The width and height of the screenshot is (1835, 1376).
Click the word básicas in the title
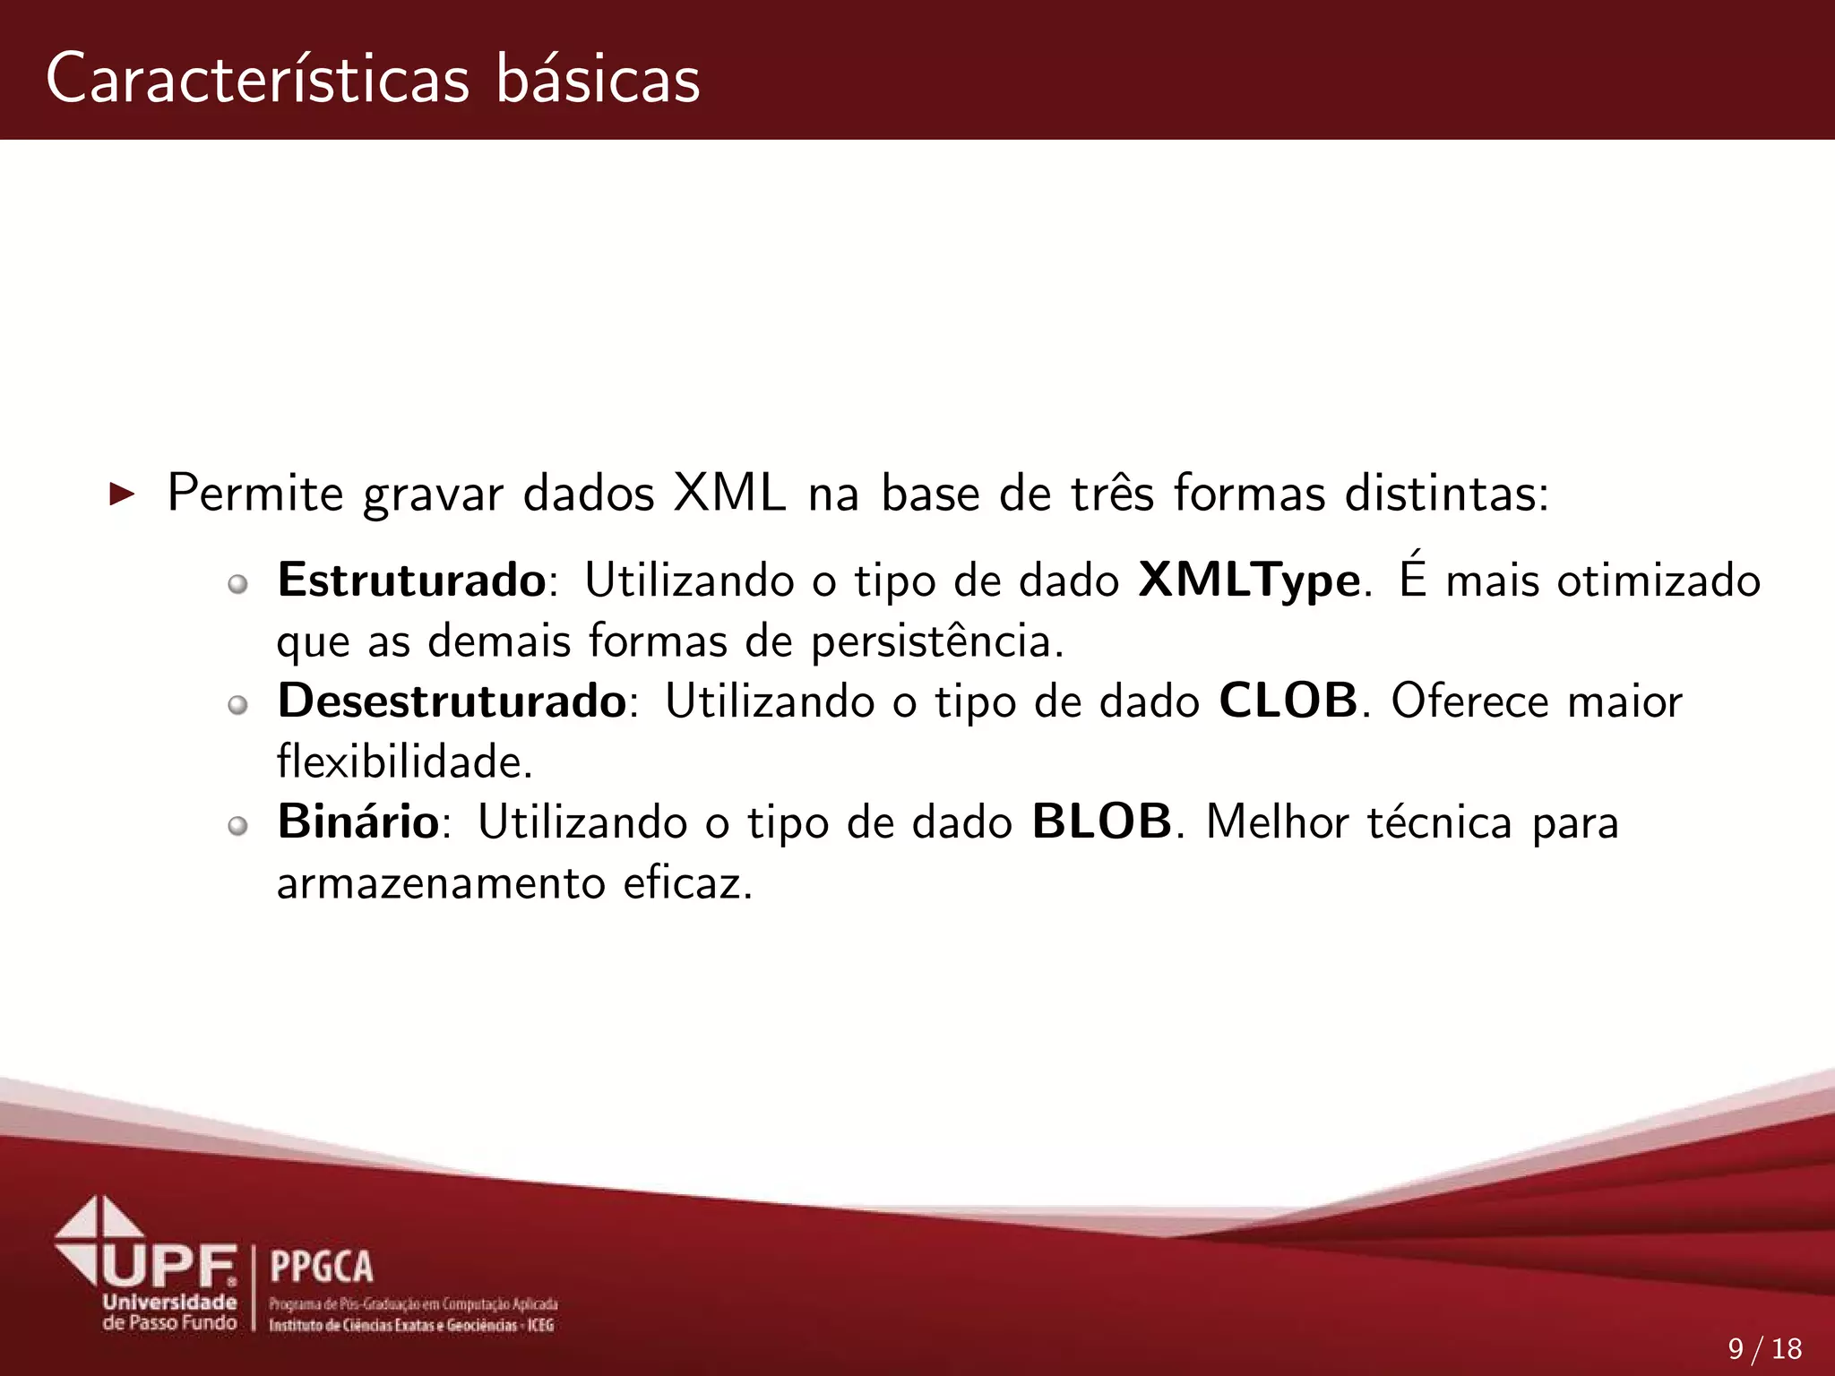pyautogui.click(x=598, y=79)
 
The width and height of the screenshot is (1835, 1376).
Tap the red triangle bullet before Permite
pyautogui.click(x=121, y=494)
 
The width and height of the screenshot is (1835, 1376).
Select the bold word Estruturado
pyautogui.click(x=411, y=580)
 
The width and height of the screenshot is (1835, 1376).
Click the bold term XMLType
pyautogui.click(x=1250, y=581)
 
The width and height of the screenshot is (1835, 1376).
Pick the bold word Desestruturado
pyautogui.click(x=452, y=701)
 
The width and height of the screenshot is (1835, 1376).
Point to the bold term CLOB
pyautogui.click(x=1288, y=701)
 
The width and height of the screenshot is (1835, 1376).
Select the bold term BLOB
pyautogui.click(x=1101, y=821)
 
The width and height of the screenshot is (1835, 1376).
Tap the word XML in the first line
pyautogui.click(x=729, y=494)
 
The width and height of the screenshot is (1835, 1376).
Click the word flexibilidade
pyautogui.click(x=404, y=762)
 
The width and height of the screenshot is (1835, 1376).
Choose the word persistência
pyautogui.click(x=937, y=642)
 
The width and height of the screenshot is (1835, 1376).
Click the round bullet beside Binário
pyautogui.click(x=237, y=826)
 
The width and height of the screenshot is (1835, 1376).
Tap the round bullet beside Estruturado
pyautogui.click(x=237, y=585)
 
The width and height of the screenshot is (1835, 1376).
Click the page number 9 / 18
pyautogui.click(x=1764, y=1348)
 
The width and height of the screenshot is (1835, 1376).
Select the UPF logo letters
pyautogui.click(x=170, y=1266)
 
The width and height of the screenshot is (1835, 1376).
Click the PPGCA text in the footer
pyautogui.click(x=322, y=1267)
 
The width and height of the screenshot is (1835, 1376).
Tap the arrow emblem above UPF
pyautogui.click(x=99, y=1232)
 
